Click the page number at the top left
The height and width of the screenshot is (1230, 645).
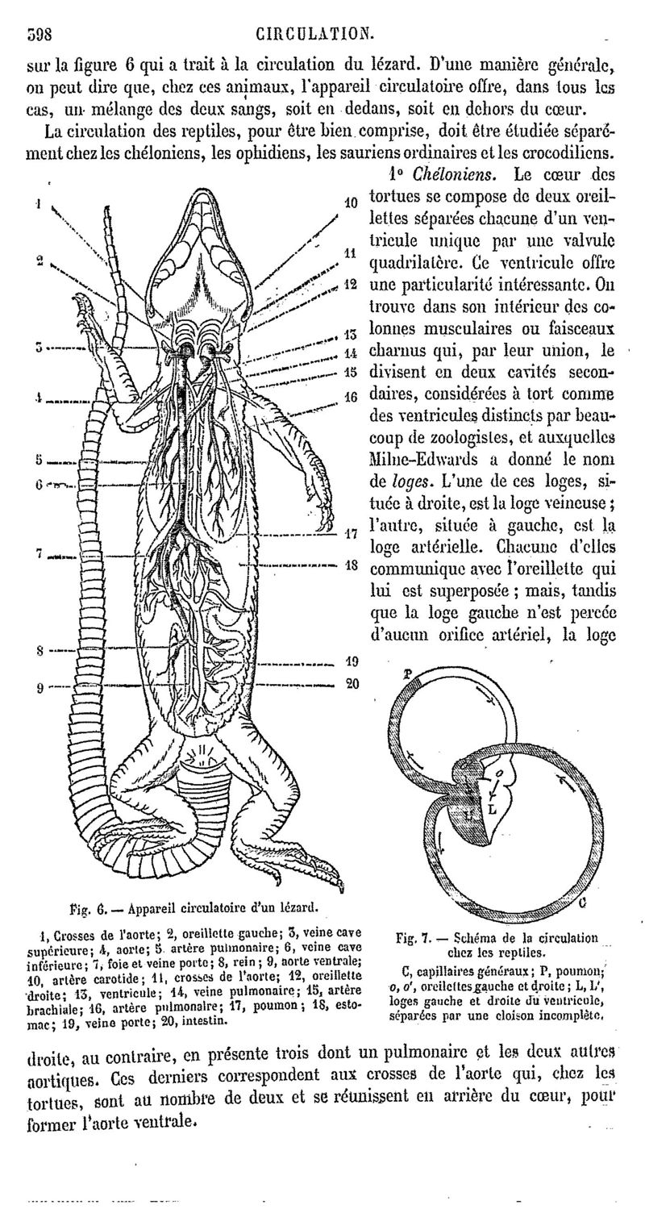point(40,33)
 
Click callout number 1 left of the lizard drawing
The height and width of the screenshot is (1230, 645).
point(38,203)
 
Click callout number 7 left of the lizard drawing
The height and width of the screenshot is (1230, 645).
point(38,553)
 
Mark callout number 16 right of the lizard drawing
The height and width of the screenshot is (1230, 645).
point(351,397)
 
